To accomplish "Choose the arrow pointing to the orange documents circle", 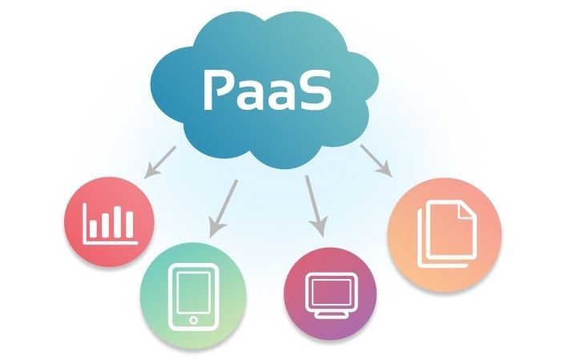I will pos(375,160).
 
